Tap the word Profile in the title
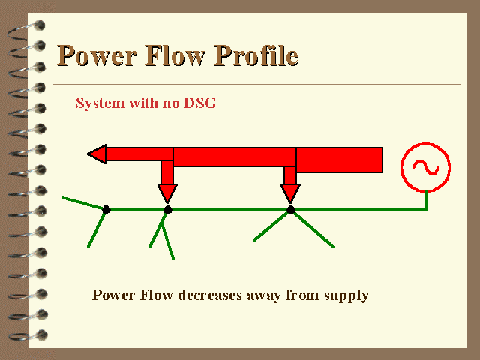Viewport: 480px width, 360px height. pos(256,55)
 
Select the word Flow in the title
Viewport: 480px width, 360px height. pos(175,55)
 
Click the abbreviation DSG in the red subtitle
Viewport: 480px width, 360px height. pos(200,103)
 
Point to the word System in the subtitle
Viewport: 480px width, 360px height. pos(100,103)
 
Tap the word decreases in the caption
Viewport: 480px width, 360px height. pos(210,295)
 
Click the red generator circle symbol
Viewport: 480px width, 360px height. pos(425,144)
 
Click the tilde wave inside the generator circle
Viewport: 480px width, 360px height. pos(425,168)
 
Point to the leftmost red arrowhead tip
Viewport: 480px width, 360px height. pos(88,154)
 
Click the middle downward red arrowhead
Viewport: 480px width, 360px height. pos(167,193)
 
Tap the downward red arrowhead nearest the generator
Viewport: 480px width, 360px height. pos(290,193)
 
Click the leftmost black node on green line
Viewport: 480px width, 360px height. pos(106,210)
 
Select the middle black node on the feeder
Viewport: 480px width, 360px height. pos(168,210)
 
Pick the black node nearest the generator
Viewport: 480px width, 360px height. pos(291,210)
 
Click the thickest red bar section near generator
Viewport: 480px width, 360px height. pos(340,160)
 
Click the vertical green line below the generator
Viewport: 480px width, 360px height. pos(427,200)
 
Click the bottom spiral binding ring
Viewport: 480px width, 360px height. pos(28,335)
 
